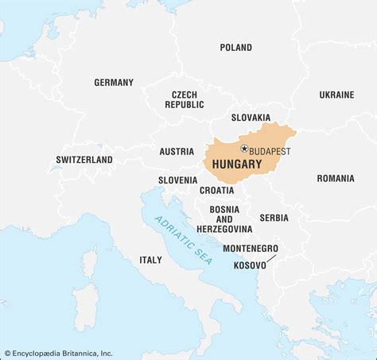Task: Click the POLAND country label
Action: point(235,48)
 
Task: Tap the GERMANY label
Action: point(114,83)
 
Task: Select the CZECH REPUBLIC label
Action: point(185,99)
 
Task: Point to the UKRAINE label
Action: point(336,95)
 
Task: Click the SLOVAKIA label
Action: point(251,118)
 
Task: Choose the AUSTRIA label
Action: point(176,151)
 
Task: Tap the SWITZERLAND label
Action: point(84,160)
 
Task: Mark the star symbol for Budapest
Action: point(244,149)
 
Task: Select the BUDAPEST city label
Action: point(270,150)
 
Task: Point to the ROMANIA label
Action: point(335,179)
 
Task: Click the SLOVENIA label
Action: point(177,180)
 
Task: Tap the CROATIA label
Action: point(216,191)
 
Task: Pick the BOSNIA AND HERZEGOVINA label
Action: point(224,219)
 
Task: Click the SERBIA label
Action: point(274,218)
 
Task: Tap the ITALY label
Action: point(150,260)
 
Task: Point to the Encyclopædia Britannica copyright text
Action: point(57,353)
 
